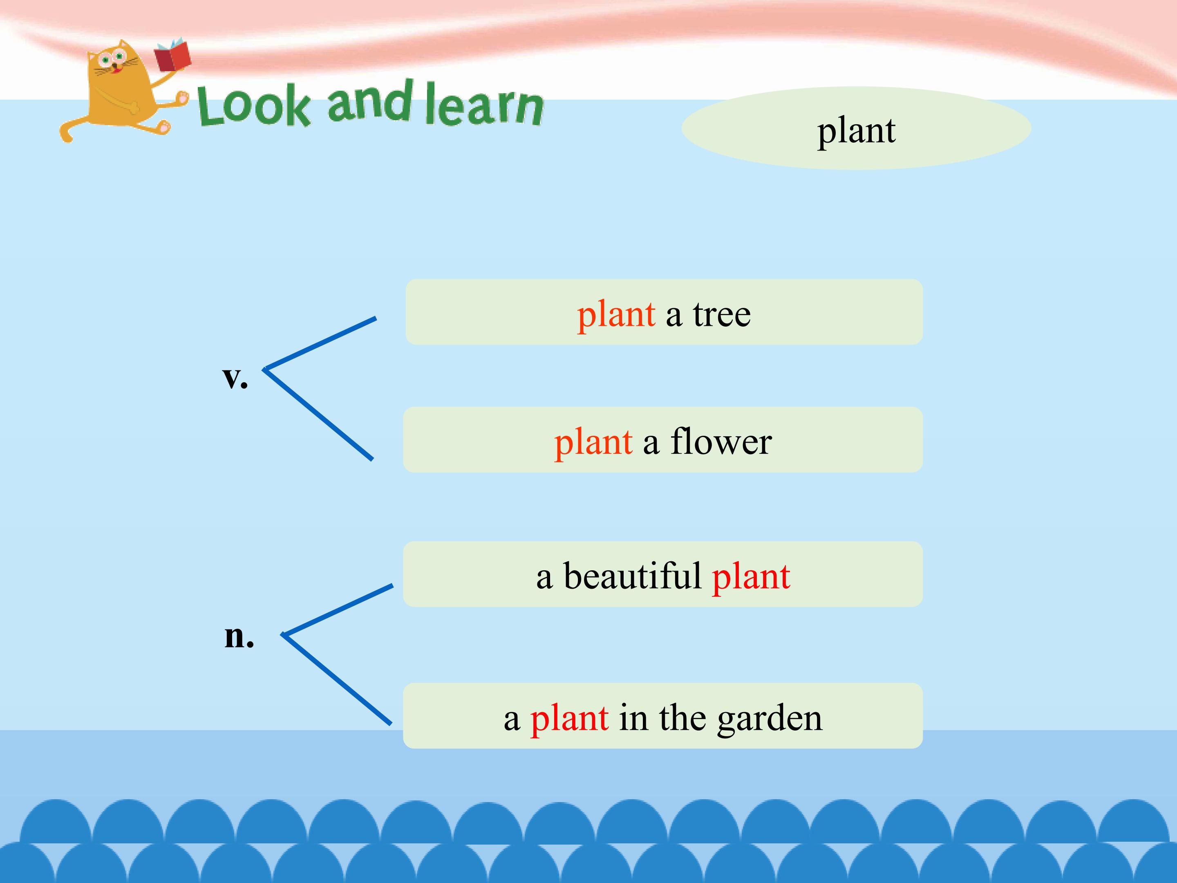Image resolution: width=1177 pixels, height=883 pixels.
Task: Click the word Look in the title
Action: [253, 105]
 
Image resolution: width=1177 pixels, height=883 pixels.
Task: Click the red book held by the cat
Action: [172, 55]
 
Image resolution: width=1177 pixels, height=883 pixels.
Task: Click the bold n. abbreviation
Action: [239, 636]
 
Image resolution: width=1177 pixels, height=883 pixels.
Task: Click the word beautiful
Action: [633, 576]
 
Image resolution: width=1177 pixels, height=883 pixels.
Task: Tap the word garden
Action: [770, 719]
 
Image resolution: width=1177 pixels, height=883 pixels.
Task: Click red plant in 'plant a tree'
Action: [616, 315]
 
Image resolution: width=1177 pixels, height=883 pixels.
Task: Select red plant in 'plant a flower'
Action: [593, 443]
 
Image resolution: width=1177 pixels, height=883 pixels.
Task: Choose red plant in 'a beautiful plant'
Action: [751, 578]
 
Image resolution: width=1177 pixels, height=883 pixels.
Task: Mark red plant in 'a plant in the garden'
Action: [569, 719]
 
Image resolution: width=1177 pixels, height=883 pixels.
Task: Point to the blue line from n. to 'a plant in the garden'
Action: [337, 679]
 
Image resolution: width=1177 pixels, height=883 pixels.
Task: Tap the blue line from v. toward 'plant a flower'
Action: [318, 414]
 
